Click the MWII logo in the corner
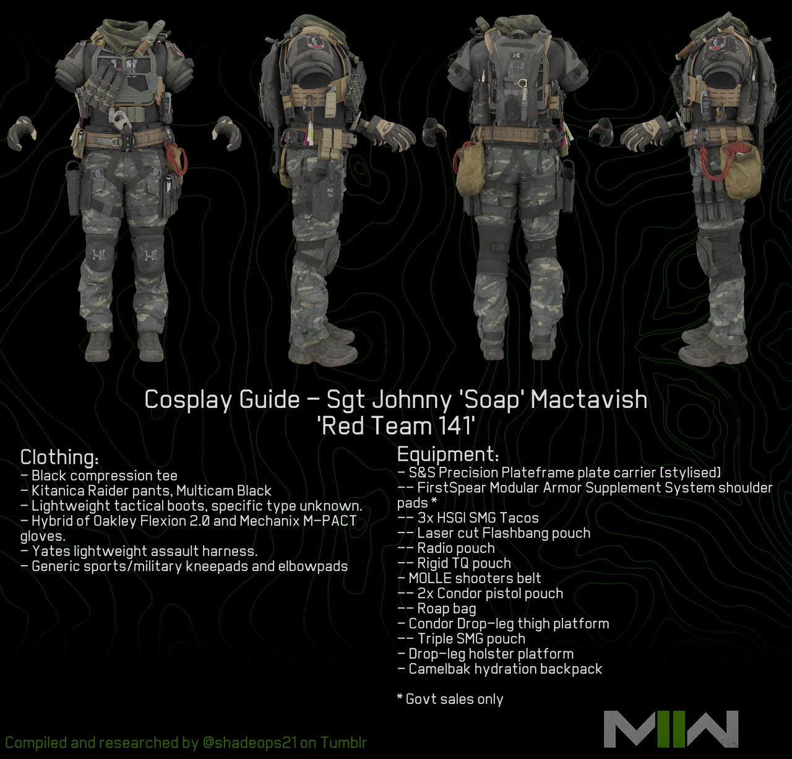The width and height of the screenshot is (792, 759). (671, 729)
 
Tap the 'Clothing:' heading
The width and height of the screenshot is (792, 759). (59, 458)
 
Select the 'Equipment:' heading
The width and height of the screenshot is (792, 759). (447, 454)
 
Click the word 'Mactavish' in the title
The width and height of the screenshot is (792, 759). (588, 399)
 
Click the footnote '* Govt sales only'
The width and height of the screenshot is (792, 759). (450, 699)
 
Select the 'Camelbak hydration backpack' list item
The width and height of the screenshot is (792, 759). (505, 669)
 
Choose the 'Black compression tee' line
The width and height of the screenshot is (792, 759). (104, 475)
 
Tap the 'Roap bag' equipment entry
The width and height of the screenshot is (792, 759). (446, 609)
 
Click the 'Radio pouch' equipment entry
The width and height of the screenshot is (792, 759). (455, 548)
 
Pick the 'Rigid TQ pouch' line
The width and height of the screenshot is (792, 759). (463, 563)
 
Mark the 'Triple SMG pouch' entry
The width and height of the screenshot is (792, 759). (471, 639)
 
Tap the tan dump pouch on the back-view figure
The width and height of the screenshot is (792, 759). (469, 168)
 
